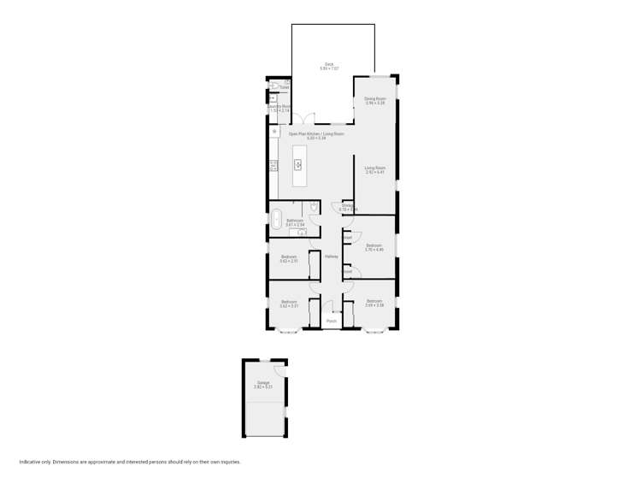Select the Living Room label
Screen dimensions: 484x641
pos(375,169)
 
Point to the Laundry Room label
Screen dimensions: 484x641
pos(280,108)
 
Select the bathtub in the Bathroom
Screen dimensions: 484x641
pos(276,219)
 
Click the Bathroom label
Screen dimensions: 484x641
pos(294,221)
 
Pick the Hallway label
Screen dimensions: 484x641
pos(331,256)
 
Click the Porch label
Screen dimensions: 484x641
pos(331,321)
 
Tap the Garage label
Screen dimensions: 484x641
pos(262,384)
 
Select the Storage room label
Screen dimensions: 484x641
pos(347,206)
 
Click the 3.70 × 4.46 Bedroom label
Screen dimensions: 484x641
pos(374,247)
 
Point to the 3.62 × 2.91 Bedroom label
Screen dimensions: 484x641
pos(289,258)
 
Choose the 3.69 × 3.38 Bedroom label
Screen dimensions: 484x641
pos(374,303)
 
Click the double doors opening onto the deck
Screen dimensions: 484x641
pos(307,120)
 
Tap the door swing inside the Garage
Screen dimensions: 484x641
pos(279,370)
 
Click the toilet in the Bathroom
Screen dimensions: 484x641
pos(314,206)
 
